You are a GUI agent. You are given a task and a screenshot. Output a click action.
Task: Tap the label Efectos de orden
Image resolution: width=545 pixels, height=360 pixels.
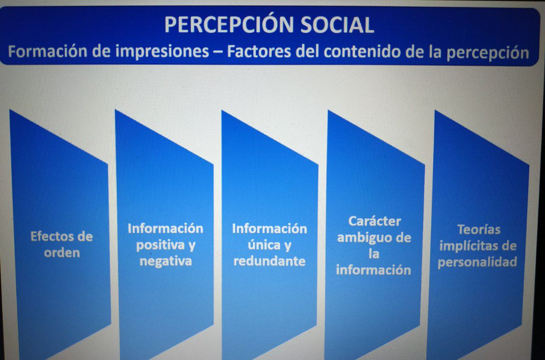pyautogui.click(x=61, y=244)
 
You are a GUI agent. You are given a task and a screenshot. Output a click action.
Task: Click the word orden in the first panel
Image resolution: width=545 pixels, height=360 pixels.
pyautogui.click(x=62, y=253)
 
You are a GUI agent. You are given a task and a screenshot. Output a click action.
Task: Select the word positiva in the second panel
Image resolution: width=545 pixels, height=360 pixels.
pyautogui.click(x=160, y=245)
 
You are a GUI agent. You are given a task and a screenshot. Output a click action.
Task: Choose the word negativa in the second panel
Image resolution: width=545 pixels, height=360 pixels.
pyautogui.click(x=165, y=261)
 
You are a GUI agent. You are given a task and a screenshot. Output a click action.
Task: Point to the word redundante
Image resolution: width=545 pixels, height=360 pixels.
pyautogui.click(x=270, y=261)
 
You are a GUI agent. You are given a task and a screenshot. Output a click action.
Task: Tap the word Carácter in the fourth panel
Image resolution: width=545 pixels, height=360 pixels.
pyautogui.click(x=375, y=222)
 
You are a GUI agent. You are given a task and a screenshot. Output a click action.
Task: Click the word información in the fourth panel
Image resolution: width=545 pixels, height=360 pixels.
pyautogui.click(x=373, y=270)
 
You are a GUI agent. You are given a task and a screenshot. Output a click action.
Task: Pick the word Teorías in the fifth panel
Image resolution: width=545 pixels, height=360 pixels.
pyautogui.click(x=478, y=230)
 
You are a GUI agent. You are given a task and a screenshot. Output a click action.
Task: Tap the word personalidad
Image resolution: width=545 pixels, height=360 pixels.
pyautogui.click(x=477, y=262)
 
